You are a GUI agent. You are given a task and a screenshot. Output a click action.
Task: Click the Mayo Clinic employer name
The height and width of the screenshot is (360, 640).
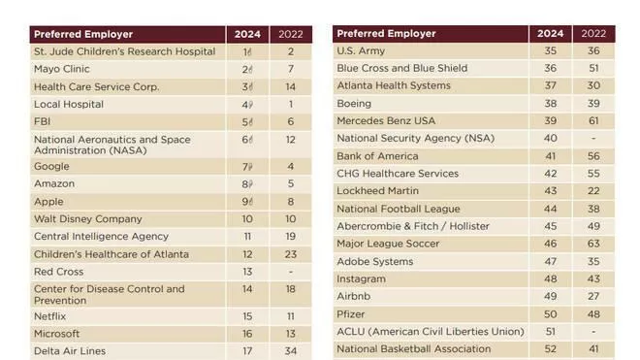point(62,69)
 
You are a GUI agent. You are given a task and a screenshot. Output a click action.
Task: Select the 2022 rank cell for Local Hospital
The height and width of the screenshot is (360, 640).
point(291,104)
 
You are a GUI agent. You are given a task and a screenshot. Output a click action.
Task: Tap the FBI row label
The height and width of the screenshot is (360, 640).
point(42,121)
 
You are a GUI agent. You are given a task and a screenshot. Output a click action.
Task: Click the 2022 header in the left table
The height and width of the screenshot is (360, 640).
point(291,34)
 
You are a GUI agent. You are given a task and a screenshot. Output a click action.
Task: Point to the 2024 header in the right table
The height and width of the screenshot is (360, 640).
point(550,34)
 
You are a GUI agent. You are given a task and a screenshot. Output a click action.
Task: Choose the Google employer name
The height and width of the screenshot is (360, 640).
point(51,167)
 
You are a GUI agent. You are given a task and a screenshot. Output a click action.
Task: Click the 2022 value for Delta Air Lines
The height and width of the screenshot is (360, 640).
point(291,351)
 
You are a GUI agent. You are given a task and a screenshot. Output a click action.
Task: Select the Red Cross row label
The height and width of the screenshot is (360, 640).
point(59,272)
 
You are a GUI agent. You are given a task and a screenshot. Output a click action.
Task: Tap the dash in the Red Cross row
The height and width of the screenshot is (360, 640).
point(291,272)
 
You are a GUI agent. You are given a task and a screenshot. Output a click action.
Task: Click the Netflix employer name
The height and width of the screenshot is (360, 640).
point(49,316)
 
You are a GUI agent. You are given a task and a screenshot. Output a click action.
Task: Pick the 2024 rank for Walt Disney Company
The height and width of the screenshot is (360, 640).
point(247,219)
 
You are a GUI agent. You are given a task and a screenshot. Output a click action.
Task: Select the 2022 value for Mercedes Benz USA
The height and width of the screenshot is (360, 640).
point(593,121)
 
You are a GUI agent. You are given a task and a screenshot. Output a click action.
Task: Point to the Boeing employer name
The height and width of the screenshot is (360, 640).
point(354,104)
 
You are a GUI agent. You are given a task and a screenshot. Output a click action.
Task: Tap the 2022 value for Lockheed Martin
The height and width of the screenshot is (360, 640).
point(593,191)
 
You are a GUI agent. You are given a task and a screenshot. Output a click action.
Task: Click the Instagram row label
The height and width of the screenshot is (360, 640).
point(362,279)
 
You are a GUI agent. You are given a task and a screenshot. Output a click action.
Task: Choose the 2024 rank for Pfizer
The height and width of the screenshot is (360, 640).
point(550,314)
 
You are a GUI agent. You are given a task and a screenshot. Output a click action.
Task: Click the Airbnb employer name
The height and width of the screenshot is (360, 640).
point(354,296)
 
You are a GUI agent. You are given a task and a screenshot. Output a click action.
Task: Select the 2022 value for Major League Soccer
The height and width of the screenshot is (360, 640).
point(593,244)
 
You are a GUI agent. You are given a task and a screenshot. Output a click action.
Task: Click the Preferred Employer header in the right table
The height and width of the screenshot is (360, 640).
point(386,34)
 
